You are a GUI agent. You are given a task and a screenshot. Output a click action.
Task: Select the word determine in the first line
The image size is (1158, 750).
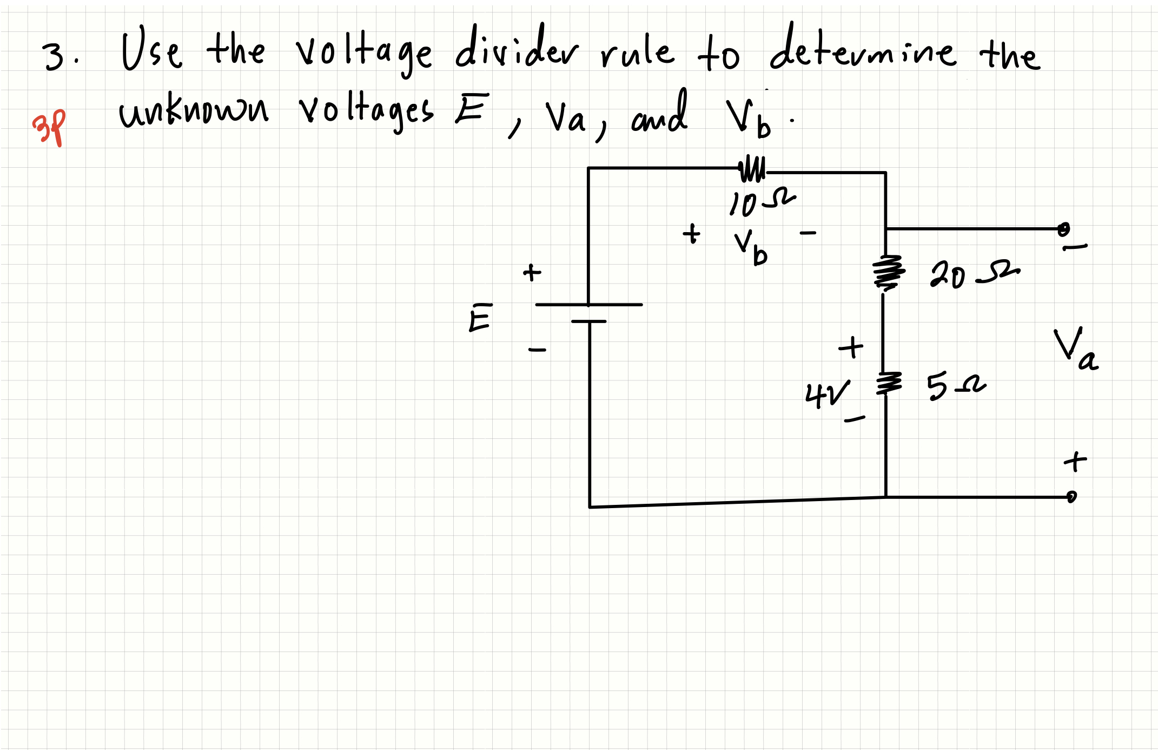click(x=863, y=49)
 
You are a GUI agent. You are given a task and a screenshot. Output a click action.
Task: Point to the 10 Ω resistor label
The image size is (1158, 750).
click(x=761, y=202)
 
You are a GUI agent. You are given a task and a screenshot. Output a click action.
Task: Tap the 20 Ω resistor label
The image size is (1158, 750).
click(x=974, y=275)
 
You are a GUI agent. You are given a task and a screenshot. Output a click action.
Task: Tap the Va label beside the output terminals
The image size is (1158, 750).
click(x=1075, y=350)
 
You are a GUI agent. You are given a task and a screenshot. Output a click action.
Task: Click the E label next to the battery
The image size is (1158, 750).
click(x=480, y=318)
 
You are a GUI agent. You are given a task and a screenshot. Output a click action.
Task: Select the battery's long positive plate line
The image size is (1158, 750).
click(x=588, y=305)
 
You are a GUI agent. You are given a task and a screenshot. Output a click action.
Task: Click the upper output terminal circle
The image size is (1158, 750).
click(x=1063, y=228)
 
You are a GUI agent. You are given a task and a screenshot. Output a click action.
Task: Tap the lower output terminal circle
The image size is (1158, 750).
click(x=1071, y=496)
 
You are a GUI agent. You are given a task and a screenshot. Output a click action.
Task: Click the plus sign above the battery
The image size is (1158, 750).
click(x=532, y=272)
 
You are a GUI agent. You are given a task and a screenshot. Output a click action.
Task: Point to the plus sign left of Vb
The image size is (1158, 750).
click(x=691, y=234)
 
